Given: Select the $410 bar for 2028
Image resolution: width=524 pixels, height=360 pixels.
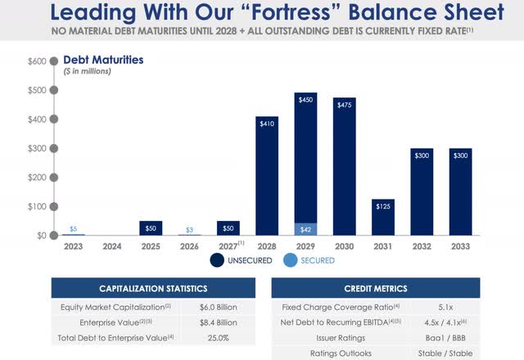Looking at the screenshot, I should click(x=267, y=176).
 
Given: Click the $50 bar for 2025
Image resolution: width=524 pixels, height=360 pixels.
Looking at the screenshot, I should click(x=150, y=228).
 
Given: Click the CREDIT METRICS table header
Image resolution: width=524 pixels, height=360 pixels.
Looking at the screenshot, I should click(x=375, y=289).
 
